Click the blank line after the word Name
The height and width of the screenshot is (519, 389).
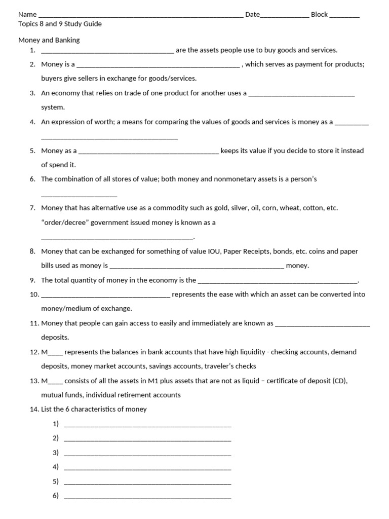point(140,16)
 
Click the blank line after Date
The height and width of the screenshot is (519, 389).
point(284,16)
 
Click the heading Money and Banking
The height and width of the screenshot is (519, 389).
point(49,40)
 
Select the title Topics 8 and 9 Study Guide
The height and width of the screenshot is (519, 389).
point(60,24)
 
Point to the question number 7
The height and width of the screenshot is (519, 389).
point(32,208)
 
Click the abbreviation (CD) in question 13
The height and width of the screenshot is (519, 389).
point(339,381)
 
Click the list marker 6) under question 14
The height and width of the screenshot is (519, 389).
point(56,496)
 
